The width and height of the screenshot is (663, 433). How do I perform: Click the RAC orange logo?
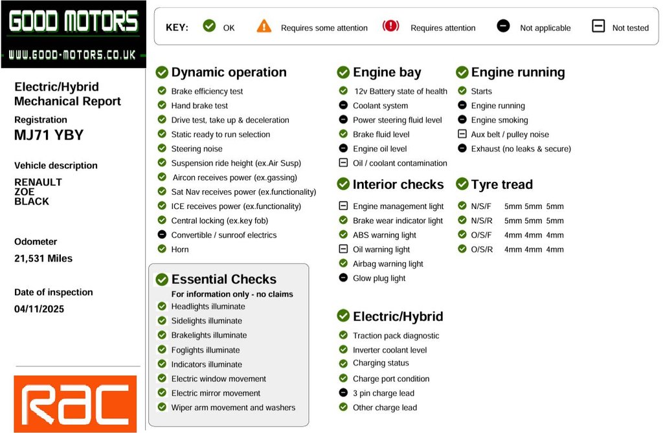coord(75,404)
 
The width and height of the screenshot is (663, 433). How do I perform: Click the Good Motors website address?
coord(72,56)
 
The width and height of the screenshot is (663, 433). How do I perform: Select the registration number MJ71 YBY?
coord(49,135)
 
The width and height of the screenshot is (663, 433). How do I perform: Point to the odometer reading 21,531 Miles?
coord(43,258)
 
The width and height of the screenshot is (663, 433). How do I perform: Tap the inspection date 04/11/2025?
coord(39,309)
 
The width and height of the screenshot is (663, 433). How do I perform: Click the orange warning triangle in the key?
coord(264,27)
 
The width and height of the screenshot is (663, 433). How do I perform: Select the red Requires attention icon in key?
coord(391,27)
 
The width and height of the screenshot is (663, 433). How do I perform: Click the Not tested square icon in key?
coord(598,27)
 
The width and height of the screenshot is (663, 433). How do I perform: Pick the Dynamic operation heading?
coord(229,72)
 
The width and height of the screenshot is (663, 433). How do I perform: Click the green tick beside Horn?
coord(162,249)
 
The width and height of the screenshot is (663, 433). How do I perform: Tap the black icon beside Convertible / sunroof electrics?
coord(162,235)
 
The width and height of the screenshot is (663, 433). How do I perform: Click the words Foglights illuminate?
coord(205,350)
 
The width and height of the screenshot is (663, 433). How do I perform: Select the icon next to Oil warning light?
coord(343,249)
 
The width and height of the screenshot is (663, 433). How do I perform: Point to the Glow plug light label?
coord(379,278)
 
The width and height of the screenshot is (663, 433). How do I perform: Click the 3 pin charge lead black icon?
coord(343,393)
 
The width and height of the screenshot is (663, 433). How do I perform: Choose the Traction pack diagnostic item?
coord(396,336)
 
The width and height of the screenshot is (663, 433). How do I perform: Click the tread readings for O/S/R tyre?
coord(534,249)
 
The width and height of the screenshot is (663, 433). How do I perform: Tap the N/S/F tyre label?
coord(481,206)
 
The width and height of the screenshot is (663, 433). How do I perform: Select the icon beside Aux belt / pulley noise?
coord(462,135)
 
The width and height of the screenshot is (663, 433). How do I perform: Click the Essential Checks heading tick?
coord(161,280)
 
